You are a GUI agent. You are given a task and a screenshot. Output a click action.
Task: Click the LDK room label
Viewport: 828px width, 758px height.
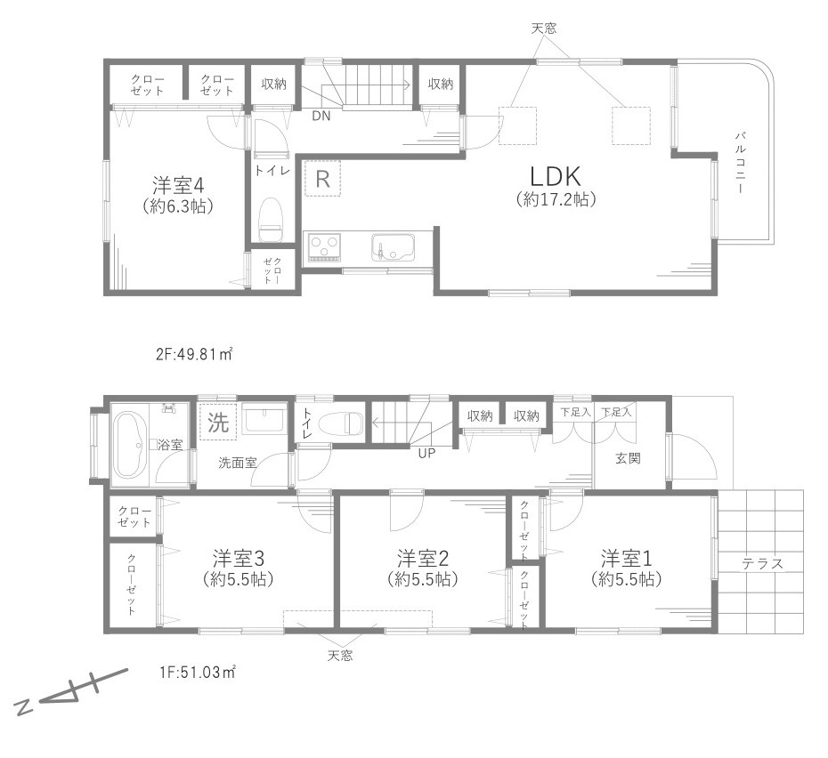coord(555,176)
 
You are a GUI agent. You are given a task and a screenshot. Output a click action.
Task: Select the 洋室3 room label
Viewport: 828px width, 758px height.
coord(238,558)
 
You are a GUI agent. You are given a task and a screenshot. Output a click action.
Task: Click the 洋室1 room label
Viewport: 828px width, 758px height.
coord(627,558)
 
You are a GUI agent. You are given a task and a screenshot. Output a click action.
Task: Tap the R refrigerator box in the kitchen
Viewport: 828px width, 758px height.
coord(322,179)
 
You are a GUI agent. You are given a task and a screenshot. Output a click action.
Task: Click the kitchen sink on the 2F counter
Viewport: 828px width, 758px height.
coord(394,248)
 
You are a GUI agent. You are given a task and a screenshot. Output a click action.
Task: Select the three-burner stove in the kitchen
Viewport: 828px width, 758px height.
coord(325,247)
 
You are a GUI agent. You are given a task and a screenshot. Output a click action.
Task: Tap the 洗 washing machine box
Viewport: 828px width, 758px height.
coord(217,422)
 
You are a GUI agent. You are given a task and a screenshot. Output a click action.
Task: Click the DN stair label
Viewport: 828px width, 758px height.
coord(321,116)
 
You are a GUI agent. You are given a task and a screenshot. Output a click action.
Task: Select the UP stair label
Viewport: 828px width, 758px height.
coord(426,453)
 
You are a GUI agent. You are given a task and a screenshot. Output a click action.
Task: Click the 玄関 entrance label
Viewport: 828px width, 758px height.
coord(628,458)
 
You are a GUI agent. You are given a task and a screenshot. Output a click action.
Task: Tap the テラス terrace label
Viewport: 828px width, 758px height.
coord(762,564)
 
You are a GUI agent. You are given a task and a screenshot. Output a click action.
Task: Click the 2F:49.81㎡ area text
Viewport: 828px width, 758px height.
coord(195,354)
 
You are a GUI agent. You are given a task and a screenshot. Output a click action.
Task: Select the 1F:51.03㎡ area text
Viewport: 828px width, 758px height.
coord(198,672)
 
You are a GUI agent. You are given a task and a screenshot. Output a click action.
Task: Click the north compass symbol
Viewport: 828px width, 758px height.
coord(72,691)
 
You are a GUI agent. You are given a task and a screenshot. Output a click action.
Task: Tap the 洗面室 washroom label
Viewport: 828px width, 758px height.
coord(238,463)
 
